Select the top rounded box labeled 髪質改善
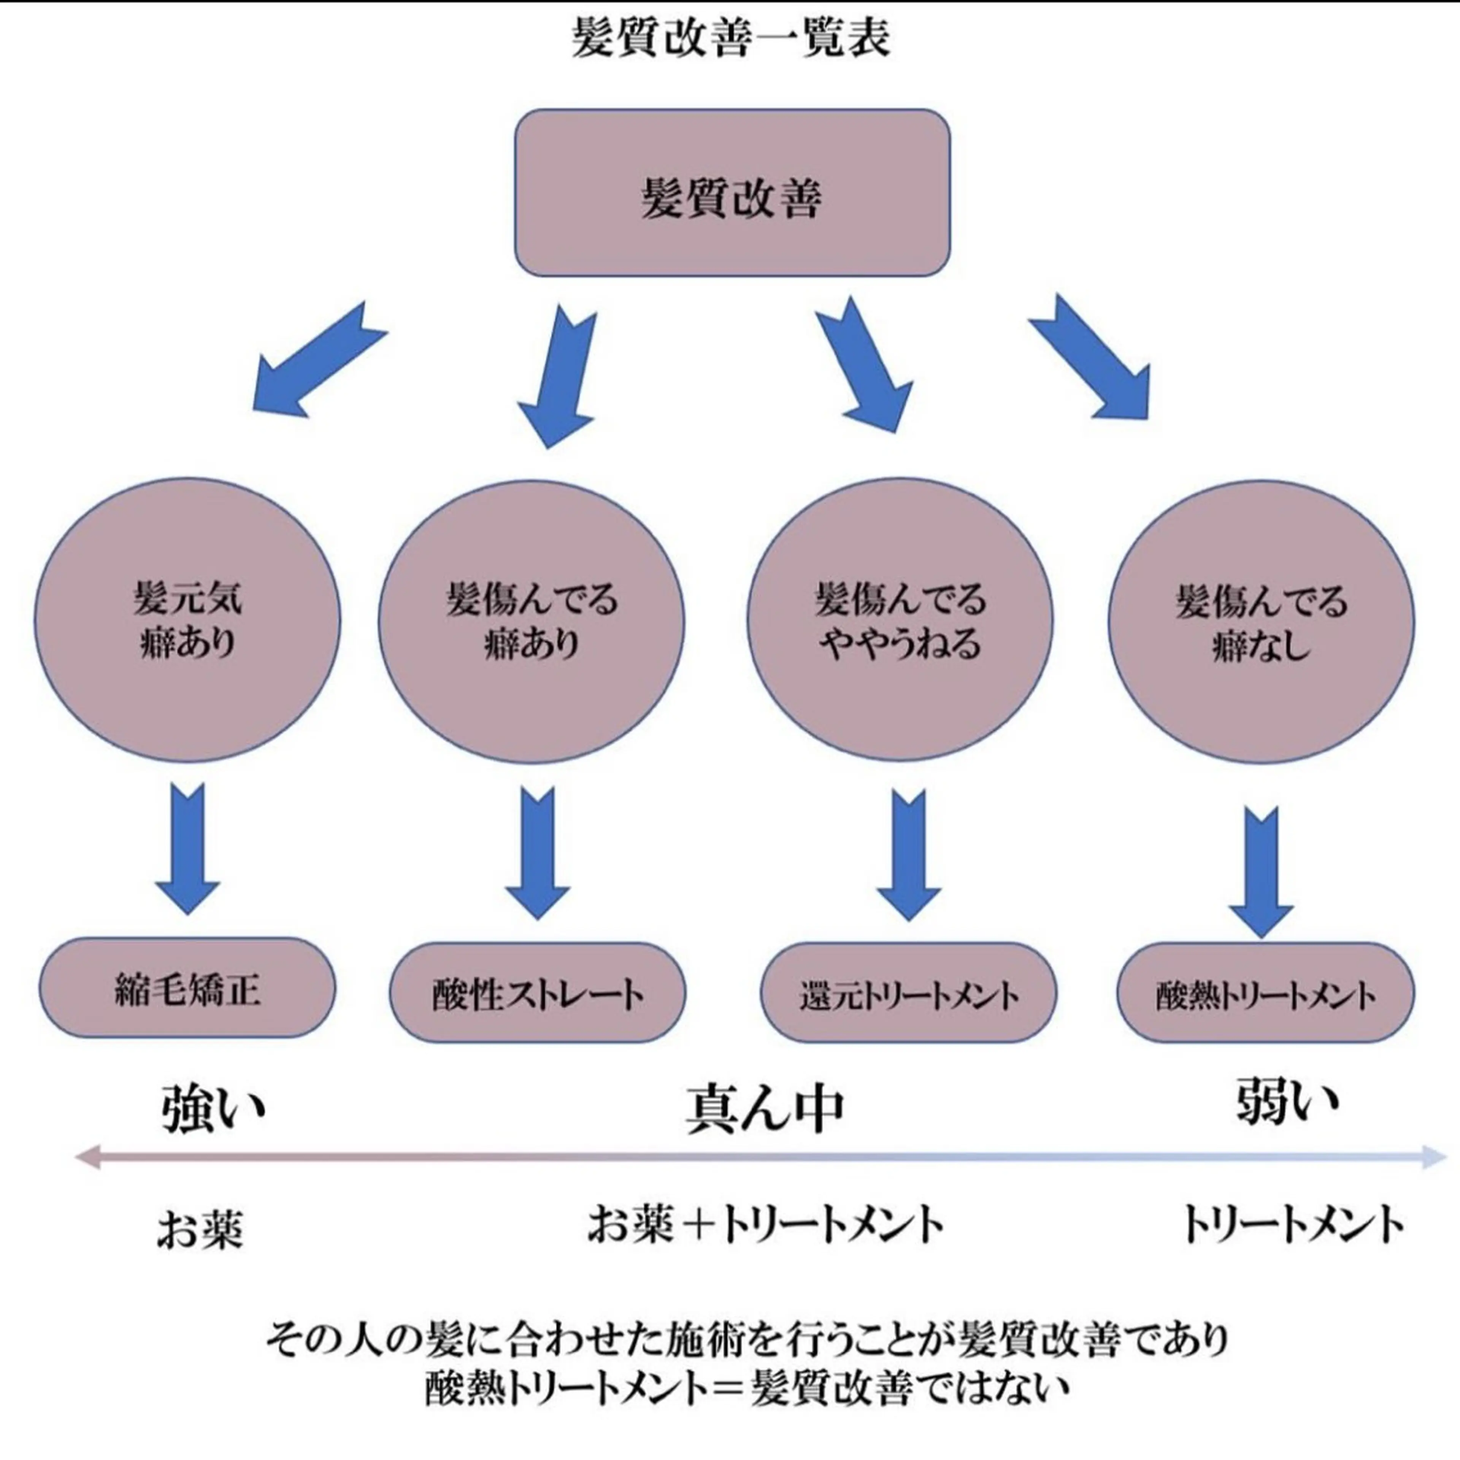tap(732, 194)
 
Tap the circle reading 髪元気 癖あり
tap(187, 620)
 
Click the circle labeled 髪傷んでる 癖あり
tap(531, 621)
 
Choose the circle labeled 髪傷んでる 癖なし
tap(1260, 621)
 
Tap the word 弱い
tap(1286, 1103)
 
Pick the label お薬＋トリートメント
tap(765, 1224)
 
